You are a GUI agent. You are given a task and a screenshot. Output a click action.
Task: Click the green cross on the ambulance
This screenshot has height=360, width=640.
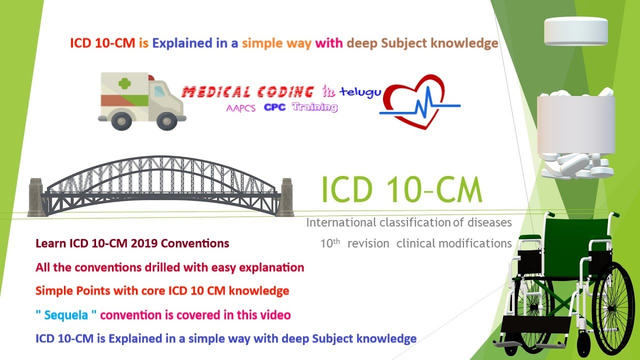click(124, 83)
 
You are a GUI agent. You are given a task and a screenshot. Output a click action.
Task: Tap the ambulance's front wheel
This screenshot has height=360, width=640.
click(167, 121)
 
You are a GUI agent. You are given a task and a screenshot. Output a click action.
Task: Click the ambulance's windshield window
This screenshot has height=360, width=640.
click(159, 91)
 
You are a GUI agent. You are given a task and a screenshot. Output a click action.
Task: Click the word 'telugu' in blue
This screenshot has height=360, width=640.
click(360, 92)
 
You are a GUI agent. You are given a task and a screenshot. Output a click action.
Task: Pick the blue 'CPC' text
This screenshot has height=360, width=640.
click(274, 107)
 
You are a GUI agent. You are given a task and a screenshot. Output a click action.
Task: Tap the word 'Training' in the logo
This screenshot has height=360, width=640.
click(314, 107)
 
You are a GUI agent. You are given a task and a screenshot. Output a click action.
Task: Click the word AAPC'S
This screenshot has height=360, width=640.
click(240, 108)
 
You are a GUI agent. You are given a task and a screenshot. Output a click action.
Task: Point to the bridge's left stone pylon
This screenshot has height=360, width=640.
click(36, 197)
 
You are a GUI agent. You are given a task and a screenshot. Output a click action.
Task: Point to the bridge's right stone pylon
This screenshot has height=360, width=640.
click(285, 197)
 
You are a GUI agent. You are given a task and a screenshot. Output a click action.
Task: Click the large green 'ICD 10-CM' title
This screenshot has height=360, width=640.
click(401, 189)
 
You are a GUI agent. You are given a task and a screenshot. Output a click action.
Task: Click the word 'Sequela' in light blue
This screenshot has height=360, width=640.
click(66, 315)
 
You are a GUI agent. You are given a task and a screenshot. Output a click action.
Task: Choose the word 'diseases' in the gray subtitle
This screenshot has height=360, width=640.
click(489, 222)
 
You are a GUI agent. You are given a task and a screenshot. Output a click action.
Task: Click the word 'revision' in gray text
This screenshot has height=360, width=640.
click(368, 243)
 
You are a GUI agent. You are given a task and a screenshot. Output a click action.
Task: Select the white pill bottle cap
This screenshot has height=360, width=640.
click(576, 31)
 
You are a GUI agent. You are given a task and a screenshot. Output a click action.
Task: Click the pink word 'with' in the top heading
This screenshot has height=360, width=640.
click(329, 43)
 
